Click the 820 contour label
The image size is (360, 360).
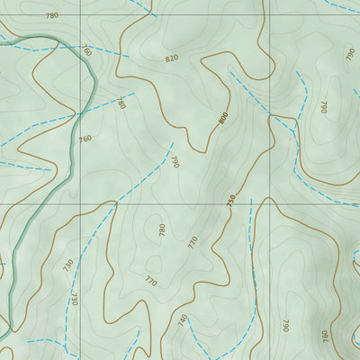click(x=172, y=58)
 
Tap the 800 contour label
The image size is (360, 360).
click(x=222, y=118)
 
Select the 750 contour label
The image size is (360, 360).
click(x=230, y=199)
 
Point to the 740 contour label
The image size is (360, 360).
click(x=183, y=319)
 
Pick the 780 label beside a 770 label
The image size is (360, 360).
click(x=162, y=229)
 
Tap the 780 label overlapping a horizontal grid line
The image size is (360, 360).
click(x=51, y=15)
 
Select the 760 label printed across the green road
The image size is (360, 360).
click(x=86, y=51)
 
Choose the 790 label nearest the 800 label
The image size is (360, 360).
click(x=175, y=162)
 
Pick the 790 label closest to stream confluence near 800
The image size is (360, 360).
click(x=323, y=107)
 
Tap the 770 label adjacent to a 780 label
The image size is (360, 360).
click(x=193, y=240)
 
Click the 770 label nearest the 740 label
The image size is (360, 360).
click(x=150, y=282)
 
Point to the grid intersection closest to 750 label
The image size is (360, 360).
click(x=267, y=204)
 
